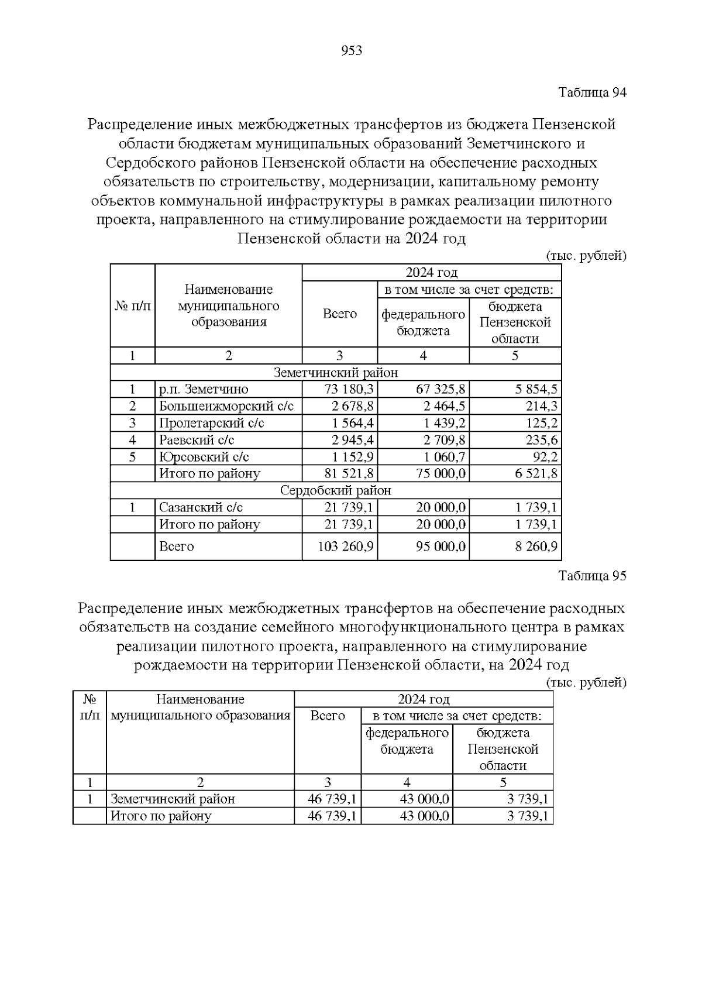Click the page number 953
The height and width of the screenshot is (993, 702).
[351, 51]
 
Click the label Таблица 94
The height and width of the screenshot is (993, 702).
[592, 92]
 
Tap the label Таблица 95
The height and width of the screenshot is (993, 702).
[592, 576]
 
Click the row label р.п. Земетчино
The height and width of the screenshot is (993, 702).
[204, 390]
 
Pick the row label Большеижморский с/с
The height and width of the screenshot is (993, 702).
[226, 407]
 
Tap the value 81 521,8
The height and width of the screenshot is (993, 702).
[349, 473]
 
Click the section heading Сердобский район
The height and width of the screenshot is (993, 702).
[336, 490]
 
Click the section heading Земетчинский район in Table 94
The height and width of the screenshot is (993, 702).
[336, 373]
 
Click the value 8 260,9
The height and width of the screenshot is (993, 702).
[536, 547]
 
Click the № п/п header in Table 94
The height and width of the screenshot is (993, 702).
[132, 305]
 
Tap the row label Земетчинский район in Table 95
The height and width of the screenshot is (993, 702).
[173, 799]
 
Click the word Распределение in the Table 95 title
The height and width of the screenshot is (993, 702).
[129, 609]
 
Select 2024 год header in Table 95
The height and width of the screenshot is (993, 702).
[424, 699]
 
